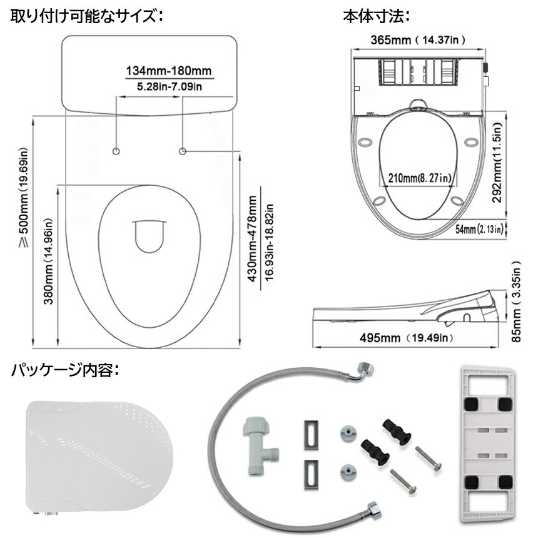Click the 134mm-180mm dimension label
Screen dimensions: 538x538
169,71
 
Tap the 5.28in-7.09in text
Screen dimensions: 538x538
170,86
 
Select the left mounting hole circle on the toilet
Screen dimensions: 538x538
116,151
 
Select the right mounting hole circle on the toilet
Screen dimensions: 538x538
183,151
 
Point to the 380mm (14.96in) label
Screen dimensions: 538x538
48,261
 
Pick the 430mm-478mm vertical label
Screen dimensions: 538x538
253,239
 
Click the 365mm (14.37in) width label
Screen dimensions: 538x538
418,40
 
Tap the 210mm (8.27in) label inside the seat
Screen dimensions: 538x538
419,178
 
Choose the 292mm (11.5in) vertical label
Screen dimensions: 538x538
497,162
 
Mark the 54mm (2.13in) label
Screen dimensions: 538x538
480,228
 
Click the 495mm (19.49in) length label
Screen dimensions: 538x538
406,338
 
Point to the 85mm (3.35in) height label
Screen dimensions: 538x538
516,302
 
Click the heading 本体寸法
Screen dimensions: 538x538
377,16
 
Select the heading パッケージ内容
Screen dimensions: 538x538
65,370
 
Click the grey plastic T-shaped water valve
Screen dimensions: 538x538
258,445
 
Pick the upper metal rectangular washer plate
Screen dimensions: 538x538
311,434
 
